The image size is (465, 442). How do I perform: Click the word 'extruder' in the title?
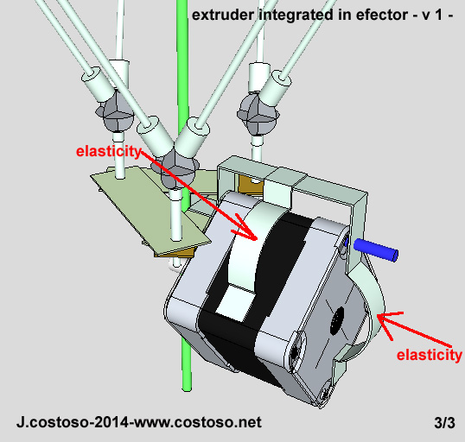point(220,15)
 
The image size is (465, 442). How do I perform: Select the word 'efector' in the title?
point(368,15)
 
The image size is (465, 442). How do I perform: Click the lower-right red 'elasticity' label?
point(428,355)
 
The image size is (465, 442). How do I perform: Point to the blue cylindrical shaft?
point(377,249)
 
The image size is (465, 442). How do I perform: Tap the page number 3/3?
point(444,424)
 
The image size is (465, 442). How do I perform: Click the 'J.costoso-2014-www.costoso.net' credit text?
point(138,424)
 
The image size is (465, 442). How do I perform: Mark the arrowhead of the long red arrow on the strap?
point(252,234)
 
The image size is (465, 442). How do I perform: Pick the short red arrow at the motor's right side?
point(398,329)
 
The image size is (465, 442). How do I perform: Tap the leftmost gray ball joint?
point(114,109)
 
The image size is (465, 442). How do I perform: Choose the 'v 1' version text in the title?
point(421,15)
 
